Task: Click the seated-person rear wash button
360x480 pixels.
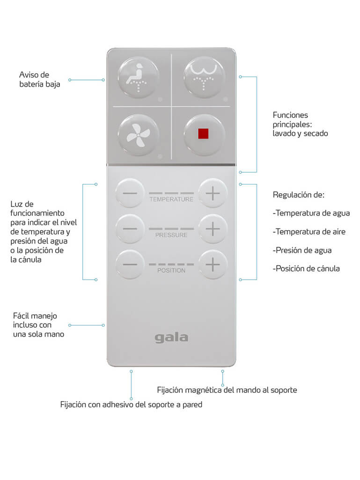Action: [139, 78]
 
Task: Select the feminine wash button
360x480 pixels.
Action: [204, 78]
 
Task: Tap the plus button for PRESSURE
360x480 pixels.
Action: [213, 229]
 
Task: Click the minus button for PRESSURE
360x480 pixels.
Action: [130, 229]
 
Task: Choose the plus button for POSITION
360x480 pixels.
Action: [213, 264]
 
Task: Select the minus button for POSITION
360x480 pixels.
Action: [130, 264]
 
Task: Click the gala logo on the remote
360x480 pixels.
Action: [171, 337]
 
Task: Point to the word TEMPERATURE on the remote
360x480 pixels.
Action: [171, 199]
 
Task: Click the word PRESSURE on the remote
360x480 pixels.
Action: [171, 235]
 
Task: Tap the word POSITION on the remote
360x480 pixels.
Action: [171, 271]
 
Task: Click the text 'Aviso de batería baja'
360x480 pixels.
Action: [39, 80]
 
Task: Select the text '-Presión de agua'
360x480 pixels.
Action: [302, 250]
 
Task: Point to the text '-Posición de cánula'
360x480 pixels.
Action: [306, 268]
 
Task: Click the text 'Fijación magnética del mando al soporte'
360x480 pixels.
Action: [227, 390]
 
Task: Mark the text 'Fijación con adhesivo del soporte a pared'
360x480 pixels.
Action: [131, 404]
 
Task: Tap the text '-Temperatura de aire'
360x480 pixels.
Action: [309, 231]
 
